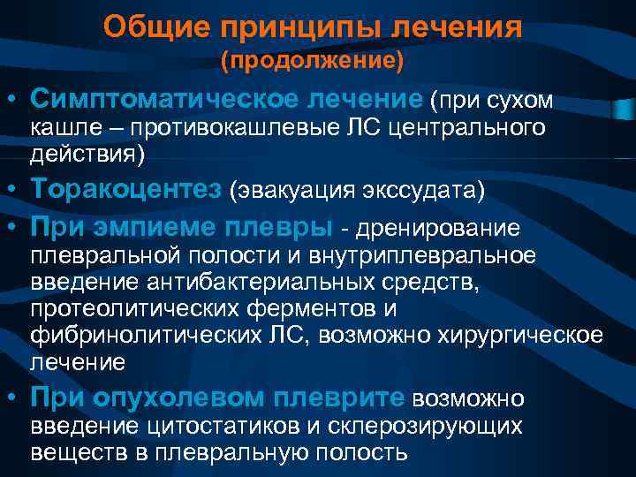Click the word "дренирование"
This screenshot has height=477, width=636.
pos(437,229)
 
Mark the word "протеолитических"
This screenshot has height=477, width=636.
pos(124,309)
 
